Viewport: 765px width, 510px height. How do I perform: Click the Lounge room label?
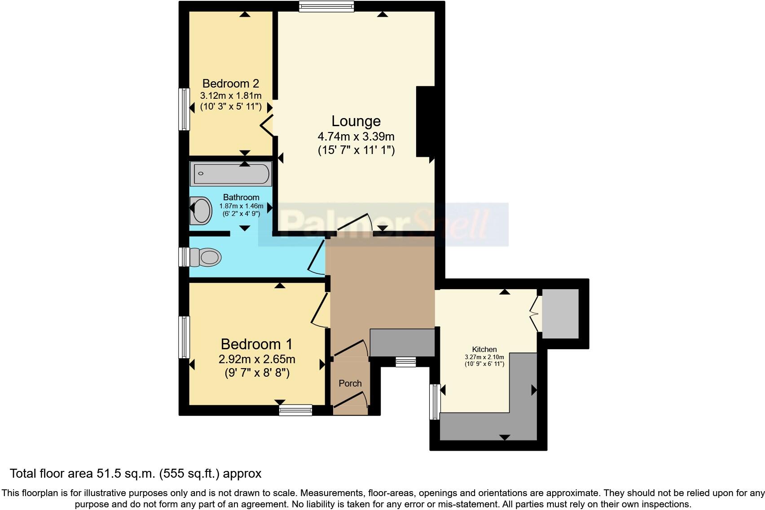[x=356, y=121]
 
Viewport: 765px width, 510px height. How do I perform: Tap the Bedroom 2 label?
[x=230, y=84]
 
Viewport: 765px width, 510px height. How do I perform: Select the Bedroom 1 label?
[x=256, y=344]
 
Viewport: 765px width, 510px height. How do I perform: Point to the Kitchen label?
[x=484, y=349]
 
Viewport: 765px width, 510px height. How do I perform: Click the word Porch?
[x=350, y=383]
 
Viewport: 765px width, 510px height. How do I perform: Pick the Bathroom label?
[x=241, y=197]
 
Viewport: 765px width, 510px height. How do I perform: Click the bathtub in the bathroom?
[x=231, y=174]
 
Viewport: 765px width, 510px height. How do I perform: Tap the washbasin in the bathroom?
[x=201, y=211]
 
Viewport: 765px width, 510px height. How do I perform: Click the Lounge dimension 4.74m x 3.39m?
[x=356, y=136]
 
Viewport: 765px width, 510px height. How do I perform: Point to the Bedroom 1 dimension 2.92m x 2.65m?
[x=257, y=359]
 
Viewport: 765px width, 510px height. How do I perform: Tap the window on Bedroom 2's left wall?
[x=184, y=109]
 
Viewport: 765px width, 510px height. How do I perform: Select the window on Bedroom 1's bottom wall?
[x=295, y=410]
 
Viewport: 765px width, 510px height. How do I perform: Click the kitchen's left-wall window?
[x=435, y=401]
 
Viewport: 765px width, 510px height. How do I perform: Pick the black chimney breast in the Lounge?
[x=425, y=121]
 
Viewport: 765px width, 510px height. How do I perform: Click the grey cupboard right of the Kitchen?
[x=560, y=313]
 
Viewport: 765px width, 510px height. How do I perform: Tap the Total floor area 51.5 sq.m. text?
[x=136, y=473]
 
